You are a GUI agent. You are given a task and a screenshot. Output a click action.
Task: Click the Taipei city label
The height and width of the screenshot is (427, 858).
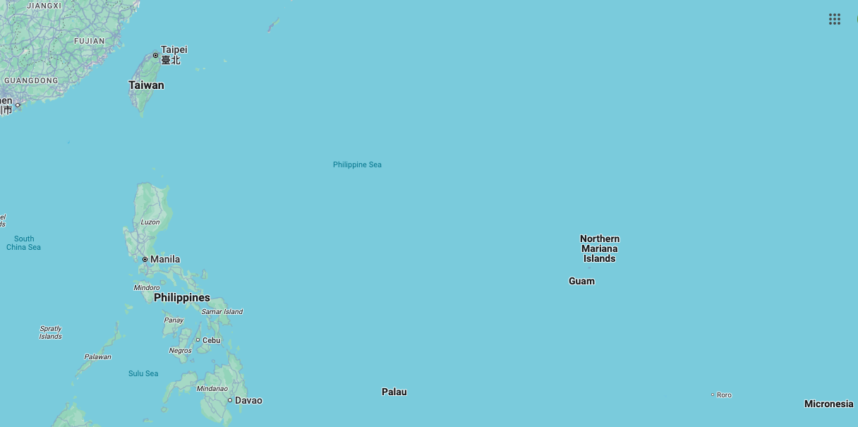(x=174, y=50)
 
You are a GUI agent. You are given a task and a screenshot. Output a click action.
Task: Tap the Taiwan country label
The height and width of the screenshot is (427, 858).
(x=146, y=85)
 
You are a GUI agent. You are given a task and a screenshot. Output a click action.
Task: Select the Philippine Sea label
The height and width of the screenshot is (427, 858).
(x=357, y=165)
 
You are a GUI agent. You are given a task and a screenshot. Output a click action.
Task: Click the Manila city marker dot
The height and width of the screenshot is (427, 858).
(x=145, y=260)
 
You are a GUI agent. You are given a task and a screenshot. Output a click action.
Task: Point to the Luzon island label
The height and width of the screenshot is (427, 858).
(x=150, y=222)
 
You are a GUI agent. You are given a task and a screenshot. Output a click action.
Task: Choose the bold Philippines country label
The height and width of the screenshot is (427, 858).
(x=182, y=298)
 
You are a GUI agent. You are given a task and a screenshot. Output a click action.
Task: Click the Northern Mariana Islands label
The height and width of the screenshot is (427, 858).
(x=600, y=248)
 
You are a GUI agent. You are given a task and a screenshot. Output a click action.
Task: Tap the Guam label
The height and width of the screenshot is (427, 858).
(x=581, y=282)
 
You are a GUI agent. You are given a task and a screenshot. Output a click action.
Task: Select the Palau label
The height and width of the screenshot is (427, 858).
(x=394, y=392)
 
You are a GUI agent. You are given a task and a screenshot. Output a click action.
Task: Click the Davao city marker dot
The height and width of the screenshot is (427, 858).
(x=230, y=400)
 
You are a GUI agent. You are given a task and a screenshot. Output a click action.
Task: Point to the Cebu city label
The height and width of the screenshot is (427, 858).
(x=212, y=340)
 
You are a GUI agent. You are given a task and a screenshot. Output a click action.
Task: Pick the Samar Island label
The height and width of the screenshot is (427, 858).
(x=222, y=312)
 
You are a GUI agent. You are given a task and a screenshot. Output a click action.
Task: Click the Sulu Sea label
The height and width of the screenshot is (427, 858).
(x=143, y=374)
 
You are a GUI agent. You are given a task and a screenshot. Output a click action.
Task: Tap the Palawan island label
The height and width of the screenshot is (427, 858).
(x=98, y=357)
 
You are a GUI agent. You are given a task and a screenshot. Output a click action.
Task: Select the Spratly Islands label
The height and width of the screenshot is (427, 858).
(x=51, y=332)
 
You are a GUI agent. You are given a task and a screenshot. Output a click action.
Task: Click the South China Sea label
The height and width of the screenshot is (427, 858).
(x=24, y=243)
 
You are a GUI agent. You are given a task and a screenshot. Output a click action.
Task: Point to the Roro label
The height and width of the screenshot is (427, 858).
(x=724, y=395)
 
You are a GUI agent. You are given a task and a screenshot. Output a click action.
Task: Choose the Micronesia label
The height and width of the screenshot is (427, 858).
(x=829, y=404)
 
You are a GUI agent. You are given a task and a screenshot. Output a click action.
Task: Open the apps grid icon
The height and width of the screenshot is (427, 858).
(x=835, y=19)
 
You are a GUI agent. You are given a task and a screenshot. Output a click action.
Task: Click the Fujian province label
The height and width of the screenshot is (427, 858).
(x=90, y=41)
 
